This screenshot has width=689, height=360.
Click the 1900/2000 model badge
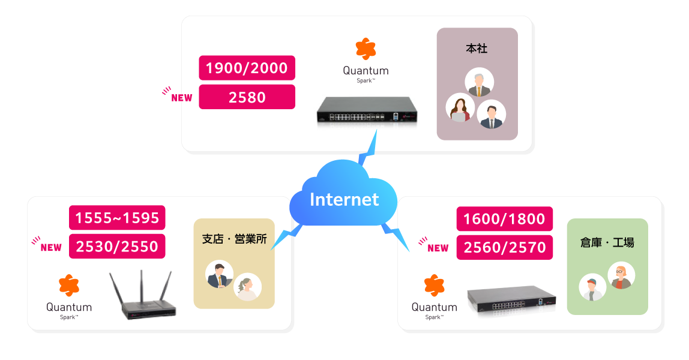pos(247,68)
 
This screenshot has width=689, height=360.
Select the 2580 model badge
pos(247,97)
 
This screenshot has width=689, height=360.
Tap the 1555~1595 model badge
pos(117,217)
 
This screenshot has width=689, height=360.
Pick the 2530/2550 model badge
pos(117,246)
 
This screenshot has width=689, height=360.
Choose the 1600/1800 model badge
pos(504,219)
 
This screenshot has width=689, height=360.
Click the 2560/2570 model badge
pos(504,247)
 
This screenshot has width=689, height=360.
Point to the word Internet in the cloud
pos(344,199)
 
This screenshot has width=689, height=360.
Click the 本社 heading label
pos(477,49)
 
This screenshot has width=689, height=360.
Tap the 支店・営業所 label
pos(234,238)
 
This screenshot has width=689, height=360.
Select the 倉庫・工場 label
pos(607,242)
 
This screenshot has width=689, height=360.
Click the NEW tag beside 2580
pos(181,98)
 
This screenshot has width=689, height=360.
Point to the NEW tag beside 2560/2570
pos(438,248)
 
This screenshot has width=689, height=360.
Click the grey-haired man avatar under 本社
pos(480,82)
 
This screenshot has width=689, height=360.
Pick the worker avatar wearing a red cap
pos(592,287)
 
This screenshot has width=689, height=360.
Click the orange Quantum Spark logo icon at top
pos(366,49)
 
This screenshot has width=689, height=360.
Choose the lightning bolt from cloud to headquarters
pos(367,149)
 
